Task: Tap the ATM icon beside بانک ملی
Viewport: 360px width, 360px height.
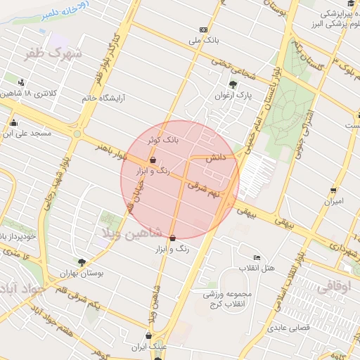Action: point(203,30)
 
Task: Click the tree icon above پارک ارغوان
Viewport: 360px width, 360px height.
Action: point(233,85)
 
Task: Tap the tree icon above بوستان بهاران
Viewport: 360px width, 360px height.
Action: point(82,262)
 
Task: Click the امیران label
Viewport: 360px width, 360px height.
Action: point(333,201)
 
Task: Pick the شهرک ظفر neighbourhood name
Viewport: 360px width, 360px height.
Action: point(54,53)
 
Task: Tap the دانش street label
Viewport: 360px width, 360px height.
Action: point(214,160)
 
